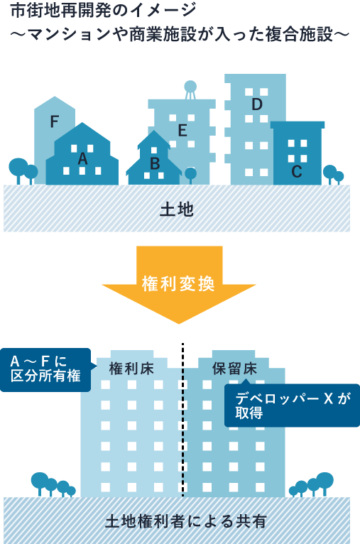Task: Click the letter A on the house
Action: (x=82, y=159)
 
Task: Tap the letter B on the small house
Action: (x=155, y=163)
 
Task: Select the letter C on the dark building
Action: (x=297, y=171)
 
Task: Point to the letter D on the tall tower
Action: (x=257, y=104)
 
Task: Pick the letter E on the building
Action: (x=182, y=131)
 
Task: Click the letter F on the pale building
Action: (x=54, y=121)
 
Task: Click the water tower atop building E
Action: (x=190, y=90)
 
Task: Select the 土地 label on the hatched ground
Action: (x=177, y=210)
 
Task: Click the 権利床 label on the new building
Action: (x=131, y=369)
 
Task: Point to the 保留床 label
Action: (x=235, y=369)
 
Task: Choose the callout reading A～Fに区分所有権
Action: (x=45, y=370)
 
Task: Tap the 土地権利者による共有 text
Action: (x=186, y=521)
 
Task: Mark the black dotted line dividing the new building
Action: (x=182, y=420)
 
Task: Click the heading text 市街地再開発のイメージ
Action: (x=104, y=11)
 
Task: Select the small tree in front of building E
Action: (x=190, y=175)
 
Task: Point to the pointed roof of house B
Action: (x=154, y=140)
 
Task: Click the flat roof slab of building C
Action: (x=298, y=125)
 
